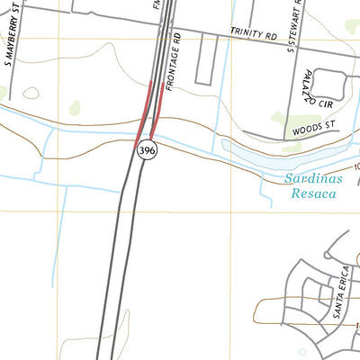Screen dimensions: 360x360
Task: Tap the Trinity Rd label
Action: [253, 35]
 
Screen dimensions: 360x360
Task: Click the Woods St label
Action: [313, 131]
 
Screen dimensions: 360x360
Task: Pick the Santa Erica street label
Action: [343, 284]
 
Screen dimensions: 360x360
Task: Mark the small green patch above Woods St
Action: [280, 117]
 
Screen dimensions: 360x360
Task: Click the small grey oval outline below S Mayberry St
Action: [31, 93]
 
